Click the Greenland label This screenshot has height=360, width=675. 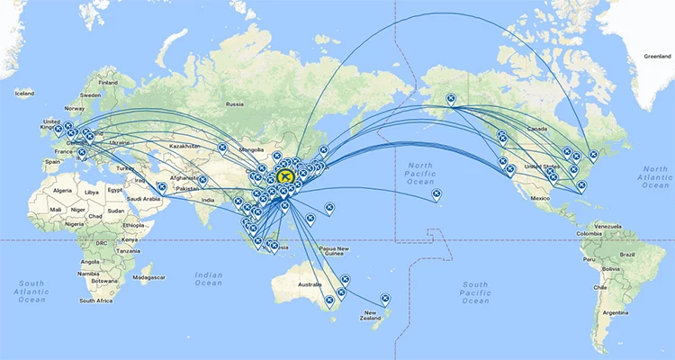[x=656, y=56]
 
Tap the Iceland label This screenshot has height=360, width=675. [x=24, y=93]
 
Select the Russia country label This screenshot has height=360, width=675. [x=235, y=103]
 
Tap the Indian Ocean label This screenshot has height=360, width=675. [x=208, y=279]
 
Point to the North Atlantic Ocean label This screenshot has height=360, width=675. [x=657, y=178]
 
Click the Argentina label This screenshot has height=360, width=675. [x=615, y=312]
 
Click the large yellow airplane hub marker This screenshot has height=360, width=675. [x=287, y=175]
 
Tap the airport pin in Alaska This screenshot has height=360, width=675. [x=451, y=99]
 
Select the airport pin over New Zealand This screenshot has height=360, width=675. [x=386, y=297]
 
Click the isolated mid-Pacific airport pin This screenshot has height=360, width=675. [x=436, y=193]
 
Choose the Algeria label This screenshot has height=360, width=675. [x=62, y=191]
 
